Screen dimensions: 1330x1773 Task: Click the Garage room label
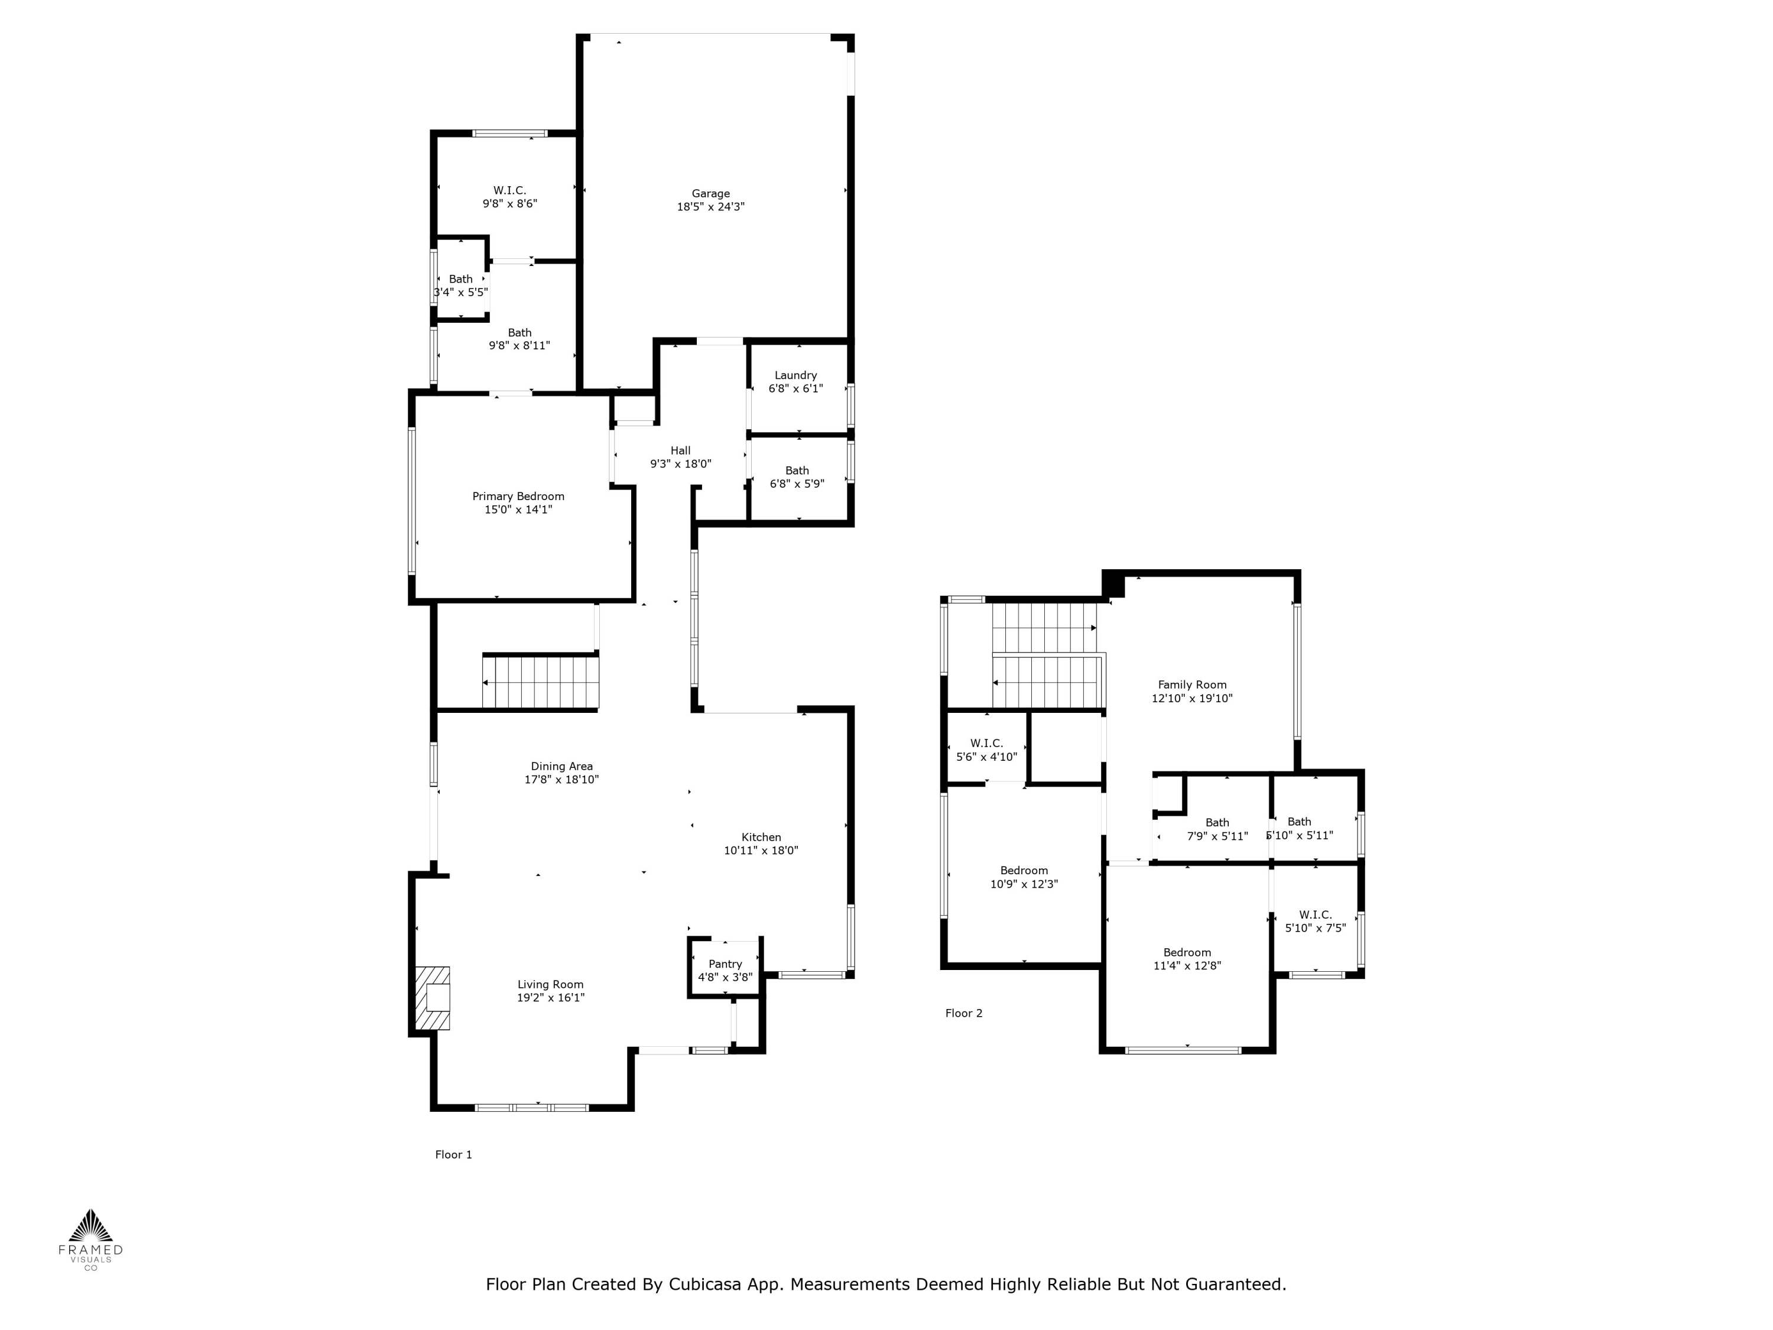click(x=710, y=193)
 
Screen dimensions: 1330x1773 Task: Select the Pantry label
click(x=725, y=964)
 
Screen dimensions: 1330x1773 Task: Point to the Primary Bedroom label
click(x=518, y=497)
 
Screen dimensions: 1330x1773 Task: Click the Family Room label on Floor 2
click(x=1192, y=685)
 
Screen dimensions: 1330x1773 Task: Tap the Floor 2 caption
click(x=963, y=1013)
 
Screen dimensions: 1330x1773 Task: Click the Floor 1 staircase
click(x=541, y=682)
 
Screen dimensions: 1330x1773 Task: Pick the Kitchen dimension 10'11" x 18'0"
click(x=761, y=851)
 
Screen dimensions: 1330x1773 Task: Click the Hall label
click(x=680, y=450)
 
